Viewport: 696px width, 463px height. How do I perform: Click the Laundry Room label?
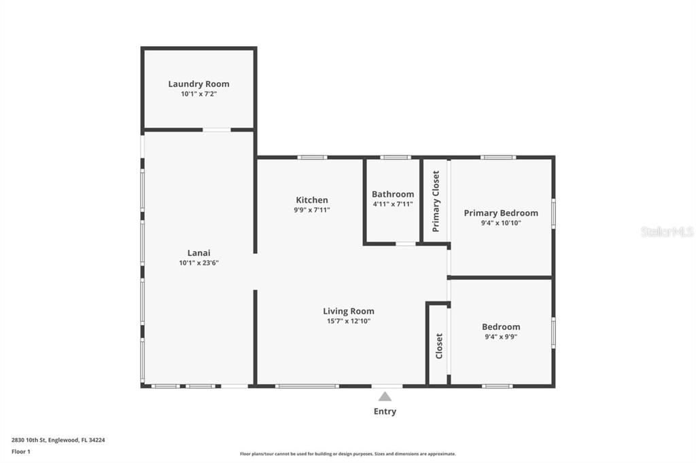coord(198,84)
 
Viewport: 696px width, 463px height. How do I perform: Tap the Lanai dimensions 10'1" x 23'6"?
coord(198,263)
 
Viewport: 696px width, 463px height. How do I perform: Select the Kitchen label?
coord(312,200)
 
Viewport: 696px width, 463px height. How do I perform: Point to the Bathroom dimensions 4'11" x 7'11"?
coord(392,204)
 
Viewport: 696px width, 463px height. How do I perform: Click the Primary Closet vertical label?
coord(436,201)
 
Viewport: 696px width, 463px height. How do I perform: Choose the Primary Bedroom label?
coord(501,212)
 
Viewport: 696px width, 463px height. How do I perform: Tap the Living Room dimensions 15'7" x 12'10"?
coord(348,321)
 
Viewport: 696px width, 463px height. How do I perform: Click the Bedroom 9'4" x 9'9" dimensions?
coord(501,336)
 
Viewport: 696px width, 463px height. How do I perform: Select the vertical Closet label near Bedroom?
coord(438,346)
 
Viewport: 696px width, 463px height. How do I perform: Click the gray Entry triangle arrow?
coord(385,396)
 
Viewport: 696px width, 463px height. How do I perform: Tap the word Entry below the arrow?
coord(385,411)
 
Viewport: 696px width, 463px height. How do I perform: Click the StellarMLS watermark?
coord(667,231)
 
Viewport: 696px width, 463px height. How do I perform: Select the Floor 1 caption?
coord(22,451)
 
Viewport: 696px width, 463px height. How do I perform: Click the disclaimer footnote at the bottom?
coord(347,453)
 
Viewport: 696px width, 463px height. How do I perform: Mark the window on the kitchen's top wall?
coord(312,158)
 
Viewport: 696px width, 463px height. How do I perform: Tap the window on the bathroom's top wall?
coord(395,158)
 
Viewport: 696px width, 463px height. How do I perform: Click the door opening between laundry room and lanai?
coord(217,130)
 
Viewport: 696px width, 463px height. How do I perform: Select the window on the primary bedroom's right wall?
coord(553,213)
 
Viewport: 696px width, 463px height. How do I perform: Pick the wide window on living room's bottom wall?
coord(307,386)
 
